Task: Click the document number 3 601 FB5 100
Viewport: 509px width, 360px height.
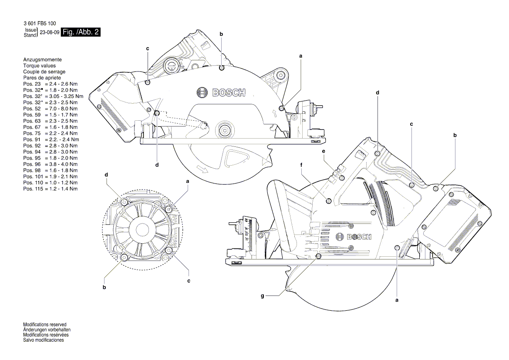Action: [39, 23]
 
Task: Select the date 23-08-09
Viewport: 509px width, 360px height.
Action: [50, 33]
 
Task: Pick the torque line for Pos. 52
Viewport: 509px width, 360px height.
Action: [50, 108]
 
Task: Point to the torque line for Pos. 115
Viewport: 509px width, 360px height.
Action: [50, 189]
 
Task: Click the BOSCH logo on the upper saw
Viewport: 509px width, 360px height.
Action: [221, 92]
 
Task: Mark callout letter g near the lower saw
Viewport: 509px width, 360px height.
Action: [263, 296]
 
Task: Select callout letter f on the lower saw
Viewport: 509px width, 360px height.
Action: [301, 165]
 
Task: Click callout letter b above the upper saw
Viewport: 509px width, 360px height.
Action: [221, 34]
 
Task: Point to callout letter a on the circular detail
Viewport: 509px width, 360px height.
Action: [188, 180]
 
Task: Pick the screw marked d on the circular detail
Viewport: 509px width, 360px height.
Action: [125, 202]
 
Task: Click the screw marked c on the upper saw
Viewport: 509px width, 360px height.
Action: [148, 82]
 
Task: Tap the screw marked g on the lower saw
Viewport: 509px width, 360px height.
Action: [319, 257]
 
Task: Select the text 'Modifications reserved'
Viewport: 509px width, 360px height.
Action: [44, 325]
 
